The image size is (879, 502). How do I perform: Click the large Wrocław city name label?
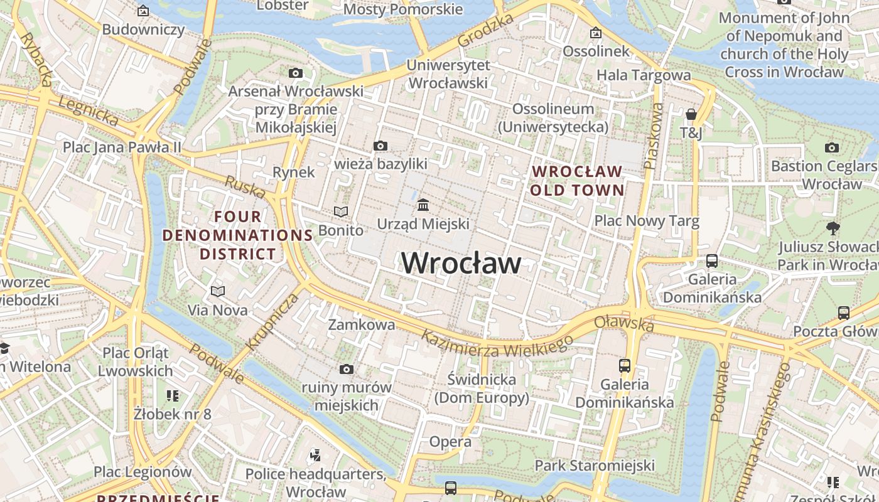pyautogui.click(x=461, y=263)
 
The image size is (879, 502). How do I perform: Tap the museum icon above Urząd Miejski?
pyautogui.click(x=423, y=205)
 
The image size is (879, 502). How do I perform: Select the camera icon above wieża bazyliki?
pyautogui.click(x=380, y=146)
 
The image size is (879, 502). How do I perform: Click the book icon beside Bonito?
pyautogui.click(x=341, y=212)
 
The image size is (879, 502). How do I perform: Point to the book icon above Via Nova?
pyautogui.click(x=218, y=292)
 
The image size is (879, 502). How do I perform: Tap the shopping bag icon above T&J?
pyautogui.click(x=691, y=114)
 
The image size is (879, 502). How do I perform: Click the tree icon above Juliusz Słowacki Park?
pyautogui.click(x=833, y=228)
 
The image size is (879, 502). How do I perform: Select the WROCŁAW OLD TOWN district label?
pyautogui.click(x=577, y=181)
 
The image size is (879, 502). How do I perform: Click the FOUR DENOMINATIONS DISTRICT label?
pyautogui.click(x=238, y=235)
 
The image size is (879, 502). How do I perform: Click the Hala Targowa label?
pyautogui.click(x=644, y=75)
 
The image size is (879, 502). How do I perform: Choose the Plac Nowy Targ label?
pyautogui.click(x=647, y=221)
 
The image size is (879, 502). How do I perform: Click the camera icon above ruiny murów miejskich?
pyautogui.click(x=346, y=369)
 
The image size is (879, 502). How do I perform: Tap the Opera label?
pyautogui.click(x=450, y=442)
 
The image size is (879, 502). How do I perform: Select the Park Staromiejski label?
pyautogui.click(x=595, y=466)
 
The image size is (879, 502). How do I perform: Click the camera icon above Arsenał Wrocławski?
pyautogui.click(x=296, y=73)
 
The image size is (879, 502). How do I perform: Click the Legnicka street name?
pyautogui.click(x=88, y=111)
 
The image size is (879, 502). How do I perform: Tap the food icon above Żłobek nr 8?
pyautogui.click(x=173, y=395)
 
